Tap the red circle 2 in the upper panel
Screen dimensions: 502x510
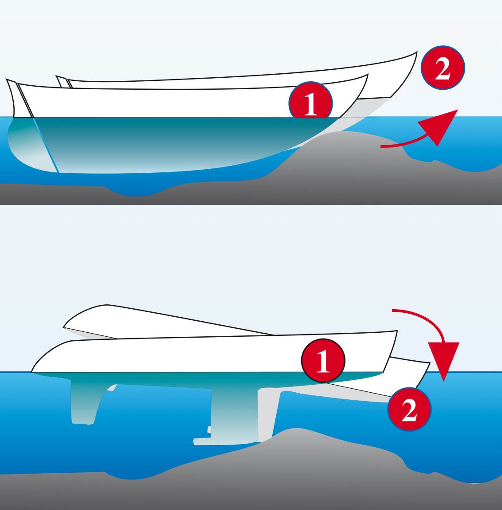[443, 68]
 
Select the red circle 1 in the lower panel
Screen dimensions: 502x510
[323, 360]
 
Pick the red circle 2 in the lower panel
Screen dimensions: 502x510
[409, 409]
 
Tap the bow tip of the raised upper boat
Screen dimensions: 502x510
[417, 52]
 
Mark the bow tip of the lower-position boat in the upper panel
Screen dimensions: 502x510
[368, 75]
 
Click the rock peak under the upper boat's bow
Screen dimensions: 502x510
[344, 132]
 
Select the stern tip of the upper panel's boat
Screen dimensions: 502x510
[7, 79]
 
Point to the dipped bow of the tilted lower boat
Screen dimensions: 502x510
[429, 363]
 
